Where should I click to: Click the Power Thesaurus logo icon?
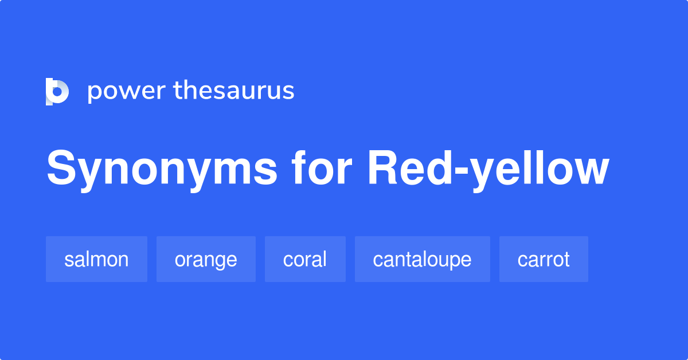pos(57,92)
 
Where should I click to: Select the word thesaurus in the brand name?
pos(234,91)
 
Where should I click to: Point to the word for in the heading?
pos(320,169)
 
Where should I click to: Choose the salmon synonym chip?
pos(96,259)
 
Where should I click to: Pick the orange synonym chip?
pos(206,259)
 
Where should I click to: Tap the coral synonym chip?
pos(305,259)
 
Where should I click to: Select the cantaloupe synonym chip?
pos(422,259)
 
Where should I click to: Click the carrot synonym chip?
pos(544,259)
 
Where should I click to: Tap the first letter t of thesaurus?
pos(178,91)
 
